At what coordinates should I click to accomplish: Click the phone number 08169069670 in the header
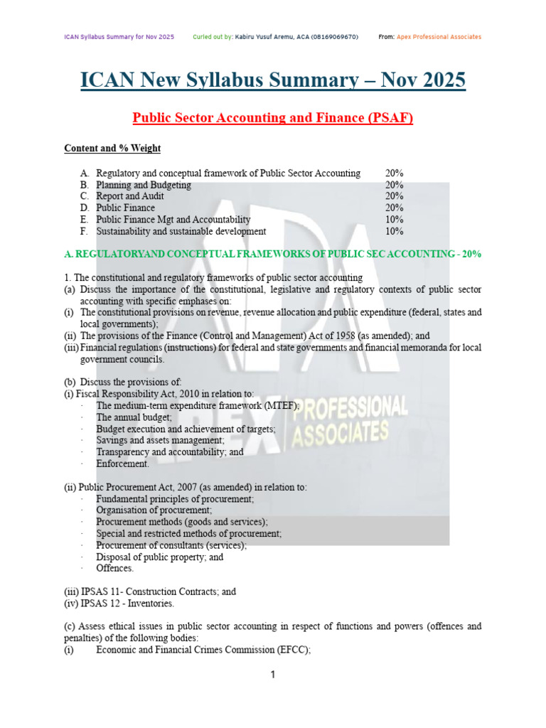(x=333, y=37)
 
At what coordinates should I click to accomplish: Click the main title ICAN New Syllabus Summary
(x=273, y=80)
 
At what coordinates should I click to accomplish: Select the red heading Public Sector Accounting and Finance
(x=273, y=118)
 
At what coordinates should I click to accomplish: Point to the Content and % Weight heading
(x=112, y=149)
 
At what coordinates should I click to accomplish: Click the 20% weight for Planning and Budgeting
(x=395, y=185)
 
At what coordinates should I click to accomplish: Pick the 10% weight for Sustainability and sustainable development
(x=395, y=231)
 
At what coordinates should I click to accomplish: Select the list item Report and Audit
(x=130, y=196)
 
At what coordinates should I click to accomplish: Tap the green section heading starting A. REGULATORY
(x=273, y=255)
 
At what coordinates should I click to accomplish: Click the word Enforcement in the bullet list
(x=123, y=464)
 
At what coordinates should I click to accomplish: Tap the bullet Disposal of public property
(x=159, y=557)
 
